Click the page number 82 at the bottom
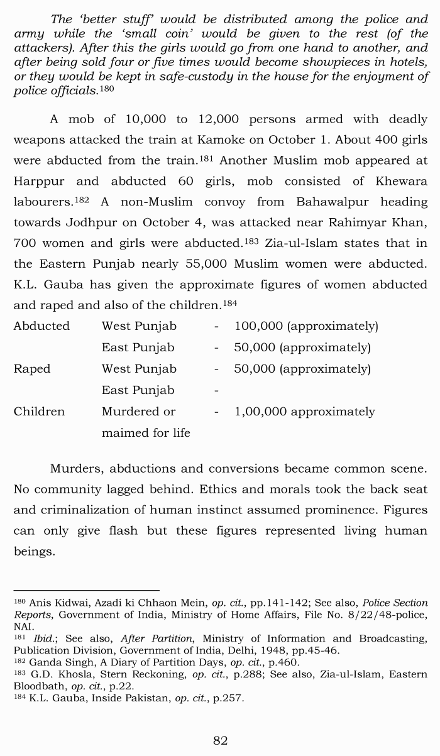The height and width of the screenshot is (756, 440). tap(220, 740)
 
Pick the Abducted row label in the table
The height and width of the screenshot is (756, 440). tap(41, 326)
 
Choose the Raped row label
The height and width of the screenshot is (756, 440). tap(32, 369)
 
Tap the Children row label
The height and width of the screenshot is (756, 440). tap(39, 412)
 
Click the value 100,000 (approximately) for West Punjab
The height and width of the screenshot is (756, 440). tap(306, 326)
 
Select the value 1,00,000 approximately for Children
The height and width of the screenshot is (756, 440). tap(304, 412)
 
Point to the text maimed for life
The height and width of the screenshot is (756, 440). tap(146, 432)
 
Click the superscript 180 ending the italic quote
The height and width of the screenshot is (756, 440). tap(108, 89)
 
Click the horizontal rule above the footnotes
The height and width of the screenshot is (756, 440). tap(87, 590)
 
